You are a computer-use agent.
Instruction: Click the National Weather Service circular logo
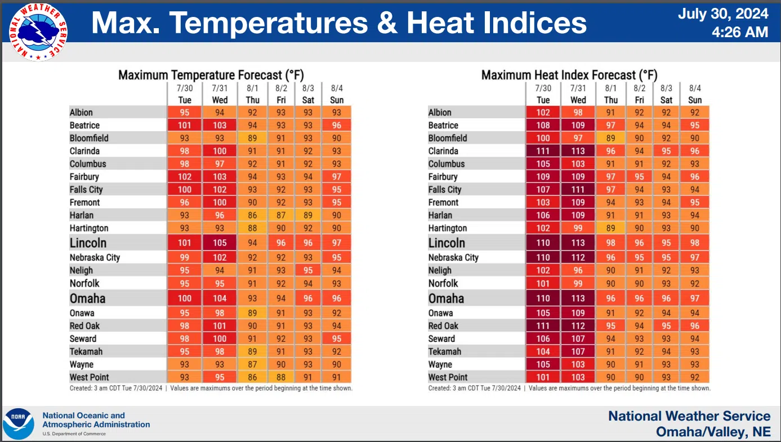[x=38, y=32]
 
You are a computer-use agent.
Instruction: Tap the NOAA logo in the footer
[x=19, y=424]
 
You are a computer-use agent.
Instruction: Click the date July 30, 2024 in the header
[x=723, y=14]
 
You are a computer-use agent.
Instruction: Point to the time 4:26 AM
[x=740, y=32]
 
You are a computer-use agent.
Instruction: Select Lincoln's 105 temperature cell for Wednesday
[x=220, y=243]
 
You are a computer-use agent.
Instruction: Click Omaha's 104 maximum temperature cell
[x=220, y=298]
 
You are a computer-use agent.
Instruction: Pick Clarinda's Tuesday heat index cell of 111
[x=543, y=151]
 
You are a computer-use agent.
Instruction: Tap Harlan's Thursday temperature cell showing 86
[x=252, y=215]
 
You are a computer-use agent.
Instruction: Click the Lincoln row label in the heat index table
[x=447, y=243]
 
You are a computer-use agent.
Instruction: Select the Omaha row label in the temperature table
[x=87, y=298]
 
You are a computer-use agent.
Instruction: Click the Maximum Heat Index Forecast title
[x=569, y=75]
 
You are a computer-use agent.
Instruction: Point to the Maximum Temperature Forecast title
[x=211, y=75]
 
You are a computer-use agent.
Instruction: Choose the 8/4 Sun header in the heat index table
[x=695, y=94]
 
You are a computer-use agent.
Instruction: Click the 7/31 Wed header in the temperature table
[x=220, y=94]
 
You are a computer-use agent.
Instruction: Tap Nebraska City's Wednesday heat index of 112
[x=578, y=257]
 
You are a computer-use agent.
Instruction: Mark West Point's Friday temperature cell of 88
[x=281, y=377]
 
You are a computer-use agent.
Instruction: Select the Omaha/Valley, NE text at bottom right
[x=713, y=431]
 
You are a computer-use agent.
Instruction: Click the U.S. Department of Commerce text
[x=74, y=434]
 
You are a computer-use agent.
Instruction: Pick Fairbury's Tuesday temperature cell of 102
[x=185, y=177]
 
